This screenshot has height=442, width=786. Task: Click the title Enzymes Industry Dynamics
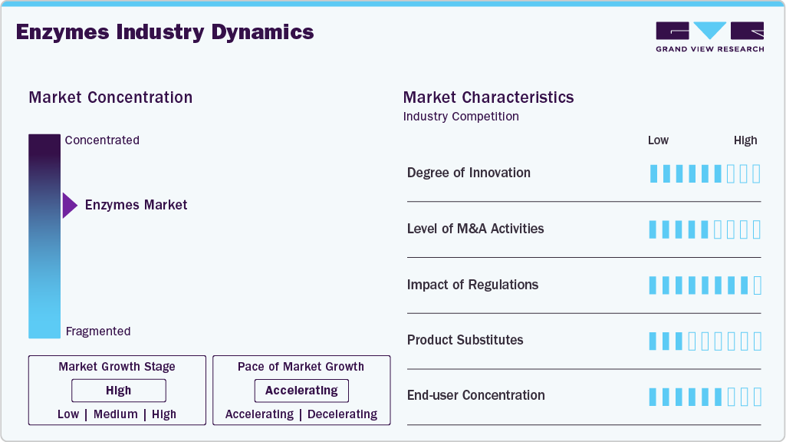(165, 32)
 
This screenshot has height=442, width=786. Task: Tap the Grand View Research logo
(709, 36)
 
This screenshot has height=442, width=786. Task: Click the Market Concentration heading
(110, 97)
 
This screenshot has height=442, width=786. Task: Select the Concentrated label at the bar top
(102, 140)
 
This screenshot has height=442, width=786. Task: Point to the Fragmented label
(98, 331)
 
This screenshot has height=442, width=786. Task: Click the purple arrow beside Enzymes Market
(70, 206)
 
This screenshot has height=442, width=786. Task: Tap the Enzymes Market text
(136, 205)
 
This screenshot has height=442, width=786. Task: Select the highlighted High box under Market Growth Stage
(119, 391)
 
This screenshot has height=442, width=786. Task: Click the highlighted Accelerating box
(301, 391)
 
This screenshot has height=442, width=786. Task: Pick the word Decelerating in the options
(342, 414)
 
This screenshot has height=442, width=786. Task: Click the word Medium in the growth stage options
(116, 414)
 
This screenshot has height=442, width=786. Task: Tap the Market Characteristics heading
(488, 97)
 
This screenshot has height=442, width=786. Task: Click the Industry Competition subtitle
(461, 117)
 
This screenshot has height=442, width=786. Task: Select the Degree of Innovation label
(469, 173)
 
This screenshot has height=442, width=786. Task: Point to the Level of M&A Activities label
(475, 229)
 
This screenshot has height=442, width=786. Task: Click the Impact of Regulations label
(472, 285)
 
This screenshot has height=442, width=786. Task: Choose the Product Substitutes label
(465, 340)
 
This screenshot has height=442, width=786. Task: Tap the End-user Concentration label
(475, 395)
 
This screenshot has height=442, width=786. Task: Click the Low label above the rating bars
(658, 140)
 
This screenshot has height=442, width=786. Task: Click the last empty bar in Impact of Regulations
(757, 285)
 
